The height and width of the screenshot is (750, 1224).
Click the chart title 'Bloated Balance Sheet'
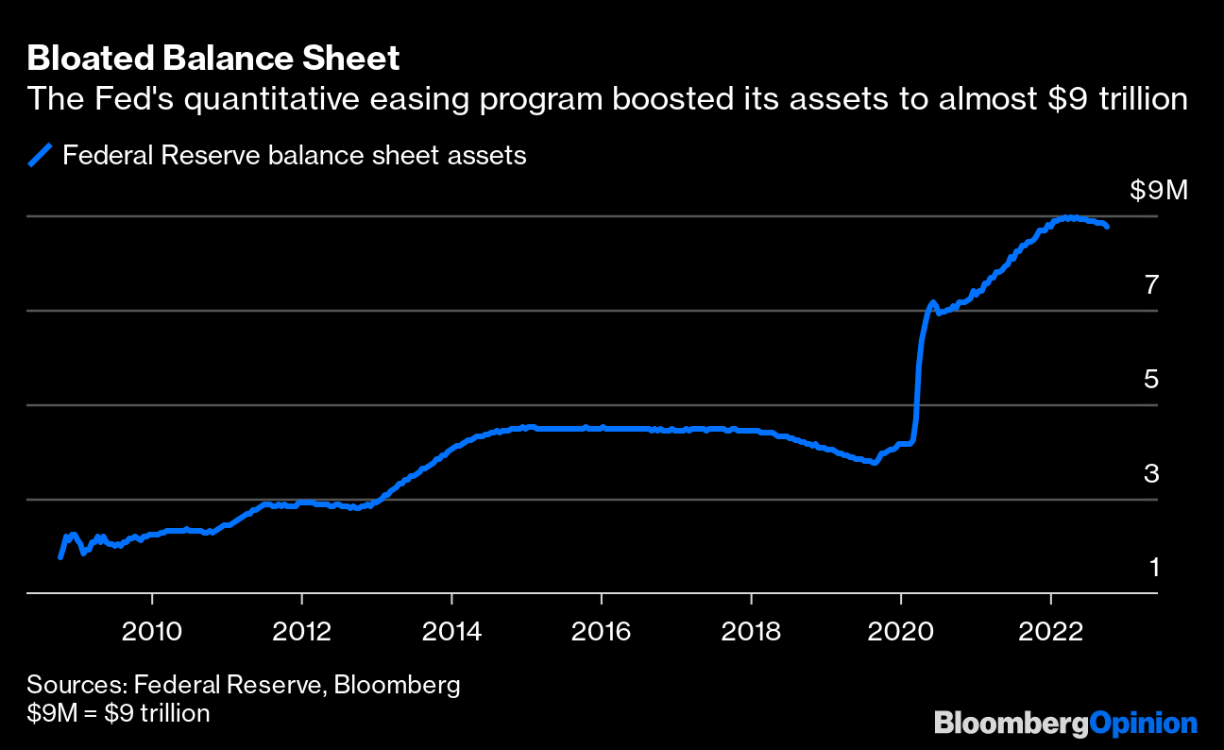tap(213, 59)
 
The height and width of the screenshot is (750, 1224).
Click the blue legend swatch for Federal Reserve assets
tap(40, 155)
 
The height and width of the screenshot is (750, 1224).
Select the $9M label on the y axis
tap(1157, 191)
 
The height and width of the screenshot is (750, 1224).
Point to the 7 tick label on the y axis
tap(1151, 284)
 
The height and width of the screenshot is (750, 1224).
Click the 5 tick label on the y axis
tap(1151, 379)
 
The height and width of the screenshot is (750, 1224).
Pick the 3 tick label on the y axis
tap(1151, 473)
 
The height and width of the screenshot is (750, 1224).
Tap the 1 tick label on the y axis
tap(1152, 568)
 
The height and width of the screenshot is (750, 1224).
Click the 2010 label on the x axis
tap(152, 630)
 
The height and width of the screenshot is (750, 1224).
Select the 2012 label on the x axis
tap(301, 630)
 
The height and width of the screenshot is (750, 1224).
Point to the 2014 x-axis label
tap(451, 630)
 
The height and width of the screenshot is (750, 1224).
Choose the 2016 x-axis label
tap(601, 630)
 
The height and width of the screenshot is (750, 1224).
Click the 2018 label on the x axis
tap(751, 630)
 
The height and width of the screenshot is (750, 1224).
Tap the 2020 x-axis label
tap(900, 630)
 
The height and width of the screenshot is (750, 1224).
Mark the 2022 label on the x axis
tap(1050, 630)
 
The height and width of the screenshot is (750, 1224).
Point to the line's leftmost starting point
tap(60, 557)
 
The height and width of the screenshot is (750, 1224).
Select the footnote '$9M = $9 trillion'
tap(118, 712)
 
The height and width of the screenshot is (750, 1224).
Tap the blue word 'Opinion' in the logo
tap(1143, 724)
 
